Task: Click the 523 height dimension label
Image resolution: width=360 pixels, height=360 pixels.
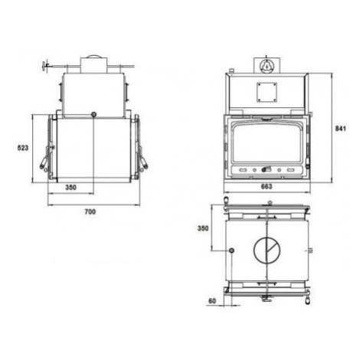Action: (x=23, y=148)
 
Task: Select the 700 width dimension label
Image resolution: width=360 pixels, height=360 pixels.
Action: (x=90, y=211)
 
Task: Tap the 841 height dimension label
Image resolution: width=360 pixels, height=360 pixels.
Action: (x=340, y=129)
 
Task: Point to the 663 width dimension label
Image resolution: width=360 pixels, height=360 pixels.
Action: (x=267, y=187)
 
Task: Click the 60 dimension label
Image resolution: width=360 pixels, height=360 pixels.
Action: (x=212, y=301)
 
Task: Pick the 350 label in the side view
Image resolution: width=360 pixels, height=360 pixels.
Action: (x=70, y=188)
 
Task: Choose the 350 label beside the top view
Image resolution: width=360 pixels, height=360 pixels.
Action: (x=203, y=228)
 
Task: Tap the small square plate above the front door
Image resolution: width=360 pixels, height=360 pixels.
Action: (x=267, y=92)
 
